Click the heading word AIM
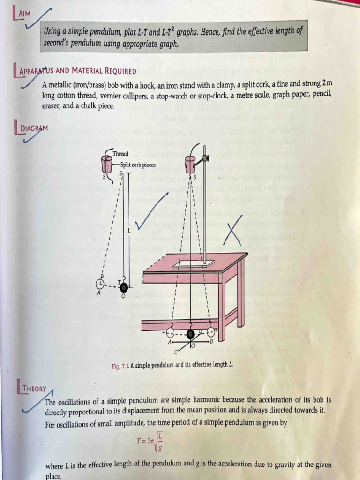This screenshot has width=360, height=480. click(x=23, y=15)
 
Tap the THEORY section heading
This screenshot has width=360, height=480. click(x=35, y=389)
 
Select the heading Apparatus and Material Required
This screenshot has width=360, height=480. click(x=78, y=72)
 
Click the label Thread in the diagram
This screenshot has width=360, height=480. click(x=120, y=154)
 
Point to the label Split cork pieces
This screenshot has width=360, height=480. click(x=138, y=165)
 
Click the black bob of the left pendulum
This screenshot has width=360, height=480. click(x=124, y=287)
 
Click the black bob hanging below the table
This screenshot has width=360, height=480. click(x=191, y=334)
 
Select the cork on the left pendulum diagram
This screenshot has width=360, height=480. click(x=107, y=165)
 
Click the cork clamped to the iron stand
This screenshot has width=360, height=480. click(x=190, y=165)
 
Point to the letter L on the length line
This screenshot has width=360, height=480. click(x=129, y=231)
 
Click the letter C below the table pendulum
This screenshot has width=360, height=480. click(x=176, y=351)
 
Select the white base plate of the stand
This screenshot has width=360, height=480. click(x=194, y=264)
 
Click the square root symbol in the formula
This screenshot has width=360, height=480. click(x=158, y=440)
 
